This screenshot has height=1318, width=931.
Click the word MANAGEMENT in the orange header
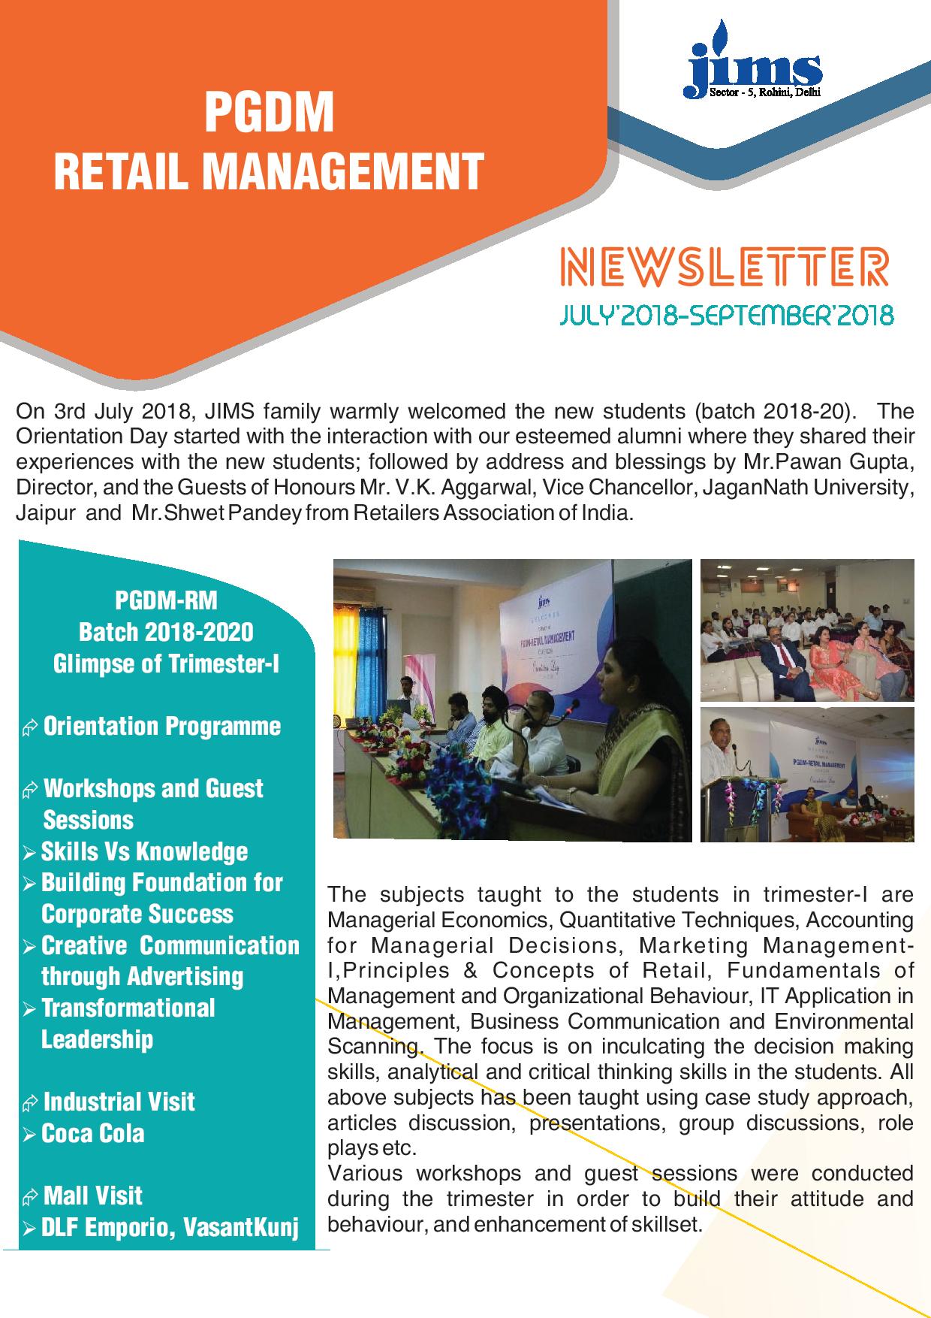coord(342,171)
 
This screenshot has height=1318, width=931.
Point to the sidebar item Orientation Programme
coord(161,727)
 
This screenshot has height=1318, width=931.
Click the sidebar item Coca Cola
coord(92,1133)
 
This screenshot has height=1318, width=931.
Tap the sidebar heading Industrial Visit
coord(119,1102)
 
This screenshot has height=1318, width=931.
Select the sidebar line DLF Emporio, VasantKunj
coord(169,1228)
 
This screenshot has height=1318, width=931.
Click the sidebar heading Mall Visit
coord(92,1196)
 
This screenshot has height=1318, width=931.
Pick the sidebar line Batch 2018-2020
coord(166,632)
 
